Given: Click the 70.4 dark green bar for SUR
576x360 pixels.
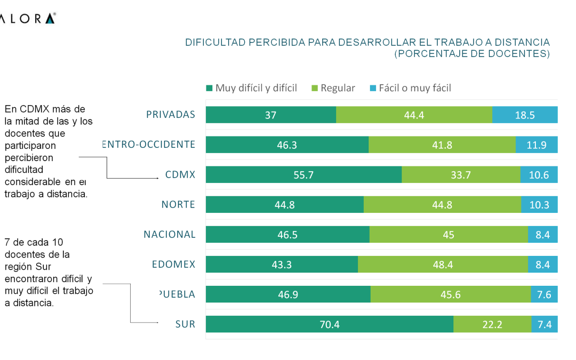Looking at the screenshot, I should pyautogui.click(x=330, y=324).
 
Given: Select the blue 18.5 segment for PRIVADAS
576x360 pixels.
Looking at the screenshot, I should pyautogui.click(x=525, y=115).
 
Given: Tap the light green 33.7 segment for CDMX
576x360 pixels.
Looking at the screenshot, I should pyautogui.click(x=461, y=175).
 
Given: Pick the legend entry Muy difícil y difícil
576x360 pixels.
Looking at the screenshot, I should pyautogui.click(x=251, y=88).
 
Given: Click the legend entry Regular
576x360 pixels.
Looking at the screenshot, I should pyautogui.click(x=333, y=88).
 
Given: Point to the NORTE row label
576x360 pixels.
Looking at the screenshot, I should pyautogui.click(x=178, y=204).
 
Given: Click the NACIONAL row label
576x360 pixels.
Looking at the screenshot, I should pyautogui.click(x=170, y=234).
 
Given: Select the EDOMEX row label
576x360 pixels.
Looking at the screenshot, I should pyautogui.click(x=173, y=264).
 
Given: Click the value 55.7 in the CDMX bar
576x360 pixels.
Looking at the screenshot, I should pyautogui.click(x=303, y=175).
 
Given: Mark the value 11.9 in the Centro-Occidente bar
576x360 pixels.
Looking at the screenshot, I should pyautogui.click(x=537, y=145).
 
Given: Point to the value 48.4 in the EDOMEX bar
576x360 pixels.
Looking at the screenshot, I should pyautogui.click(x=443, y=265).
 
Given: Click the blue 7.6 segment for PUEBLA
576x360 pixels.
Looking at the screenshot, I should pyautogui.click(x=544, y=294).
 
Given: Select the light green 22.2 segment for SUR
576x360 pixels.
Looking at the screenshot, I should pyautogui.click(x=492, y=324).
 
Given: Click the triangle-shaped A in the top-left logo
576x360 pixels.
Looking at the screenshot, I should pyautogui.click(x=50, y=19).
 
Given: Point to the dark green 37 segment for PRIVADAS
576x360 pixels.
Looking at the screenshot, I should pyautogui.click(x=271, y=115).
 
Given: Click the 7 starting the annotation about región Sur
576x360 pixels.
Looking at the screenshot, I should pyautogui.click(x=7, y=242).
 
